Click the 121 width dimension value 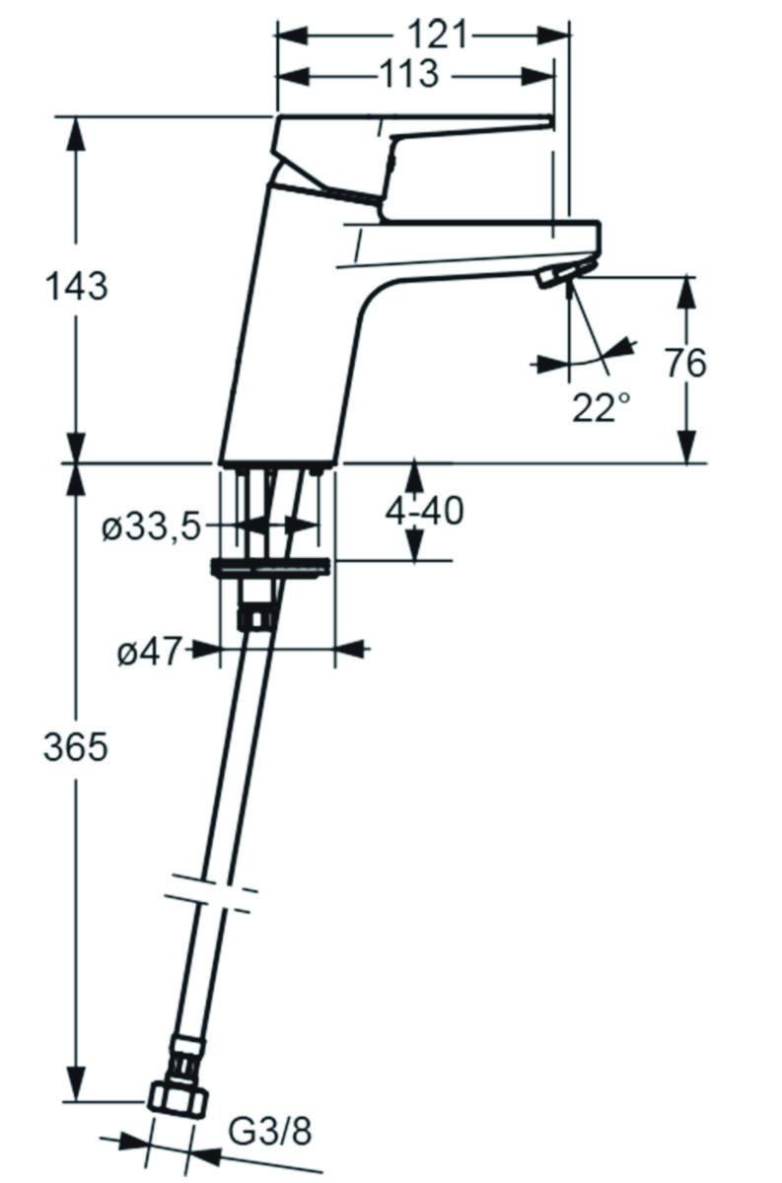(x=438, y=35)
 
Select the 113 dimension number (x=410, y=74)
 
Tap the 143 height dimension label (x=77, y=287)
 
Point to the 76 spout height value (x=685, y=363)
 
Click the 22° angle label (x=602, y=407)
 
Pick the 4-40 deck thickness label (x=424, y=511)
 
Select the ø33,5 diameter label (x=152, y=526)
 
